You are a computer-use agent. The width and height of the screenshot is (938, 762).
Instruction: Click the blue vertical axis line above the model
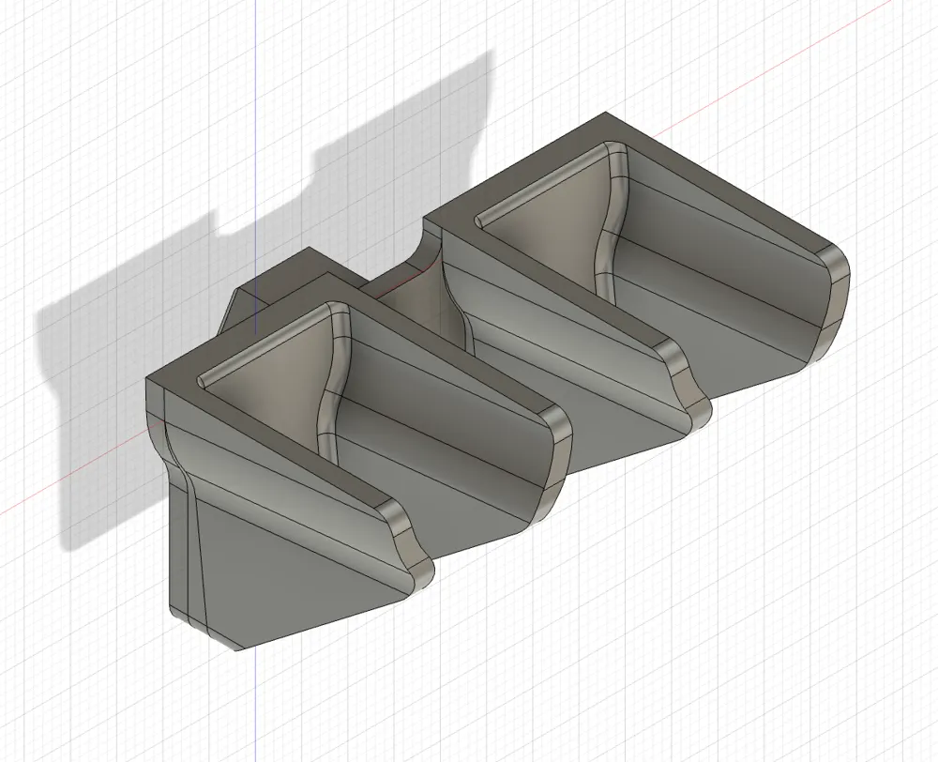(x=256, y=141)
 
